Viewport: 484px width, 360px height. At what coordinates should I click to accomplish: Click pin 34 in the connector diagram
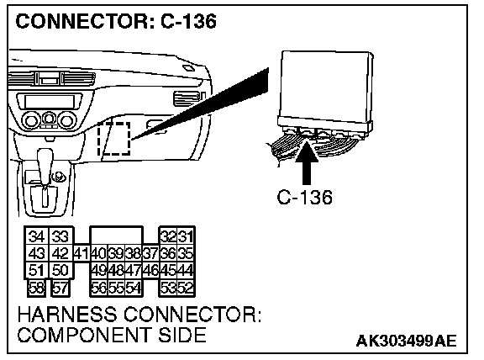coord(36,236)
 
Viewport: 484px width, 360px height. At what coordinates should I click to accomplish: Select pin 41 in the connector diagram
coord(82,254)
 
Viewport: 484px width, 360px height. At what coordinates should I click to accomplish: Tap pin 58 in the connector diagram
coord(36,288)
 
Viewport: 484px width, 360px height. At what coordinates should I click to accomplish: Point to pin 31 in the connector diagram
coord(186,236)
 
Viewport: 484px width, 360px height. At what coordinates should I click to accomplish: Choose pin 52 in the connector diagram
coord(186,288)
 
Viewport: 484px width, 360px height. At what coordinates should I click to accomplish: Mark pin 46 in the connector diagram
coord(151,271)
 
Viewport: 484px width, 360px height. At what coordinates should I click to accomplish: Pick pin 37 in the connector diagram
coord(151,254)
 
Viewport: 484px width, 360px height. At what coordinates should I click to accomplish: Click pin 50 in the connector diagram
coord(60,271)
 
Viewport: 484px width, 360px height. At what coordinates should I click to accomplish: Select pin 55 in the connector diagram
coord(116,288)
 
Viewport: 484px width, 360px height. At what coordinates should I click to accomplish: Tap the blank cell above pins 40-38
coord(116,236)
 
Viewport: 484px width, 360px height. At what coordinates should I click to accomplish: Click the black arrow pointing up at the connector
coord(307,161)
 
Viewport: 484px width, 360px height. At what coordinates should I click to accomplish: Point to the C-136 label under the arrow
coord(305,197)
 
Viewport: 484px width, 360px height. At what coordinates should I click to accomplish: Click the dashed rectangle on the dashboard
coord(114,139)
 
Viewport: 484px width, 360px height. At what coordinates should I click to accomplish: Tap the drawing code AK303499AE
coord(406,341)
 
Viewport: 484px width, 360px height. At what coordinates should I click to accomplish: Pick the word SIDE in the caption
coord(182,335)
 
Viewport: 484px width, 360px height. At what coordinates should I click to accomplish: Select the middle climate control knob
coord(49,119)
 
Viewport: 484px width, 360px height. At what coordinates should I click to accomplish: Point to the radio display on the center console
coord(50,101)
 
